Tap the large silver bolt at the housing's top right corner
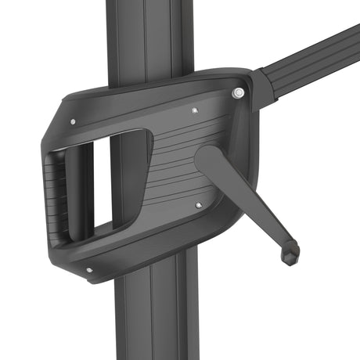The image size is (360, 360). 238,93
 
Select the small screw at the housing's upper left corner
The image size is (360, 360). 73,121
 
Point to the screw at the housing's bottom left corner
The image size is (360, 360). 88,270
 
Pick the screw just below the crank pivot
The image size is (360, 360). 198,205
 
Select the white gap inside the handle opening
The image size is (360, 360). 102,188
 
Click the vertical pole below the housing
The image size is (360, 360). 157,321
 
